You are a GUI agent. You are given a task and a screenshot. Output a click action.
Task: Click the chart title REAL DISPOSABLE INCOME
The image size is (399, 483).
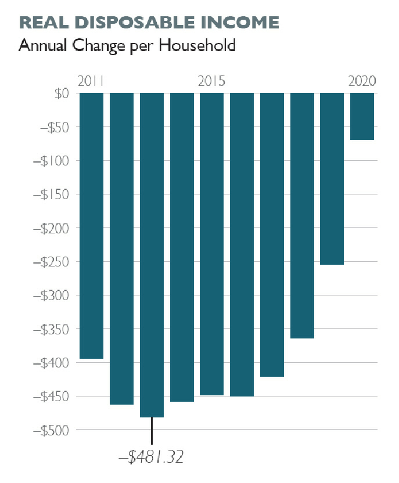[x=149, y=23]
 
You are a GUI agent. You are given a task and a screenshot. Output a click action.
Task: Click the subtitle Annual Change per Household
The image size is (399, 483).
[x=127, y=45]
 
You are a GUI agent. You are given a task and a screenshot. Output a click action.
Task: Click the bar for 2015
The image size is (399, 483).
[x=212, y=244]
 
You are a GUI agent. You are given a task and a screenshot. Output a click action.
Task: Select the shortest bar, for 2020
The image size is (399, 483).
[x=362, y=116]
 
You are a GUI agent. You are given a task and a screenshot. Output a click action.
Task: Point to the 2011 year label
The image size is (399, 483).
[x=90, y=81]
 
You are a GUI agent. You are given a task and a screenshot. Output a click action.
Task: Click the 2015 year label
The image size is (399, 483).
[x=211, y=81]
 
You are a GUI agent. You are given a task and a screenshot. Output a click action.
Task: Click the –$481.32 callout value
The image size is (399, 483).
[x=151, y=457]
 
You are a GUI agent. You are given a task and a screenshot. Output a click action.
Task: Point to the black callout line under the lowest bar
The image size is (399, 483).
[x=152, y=431]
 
